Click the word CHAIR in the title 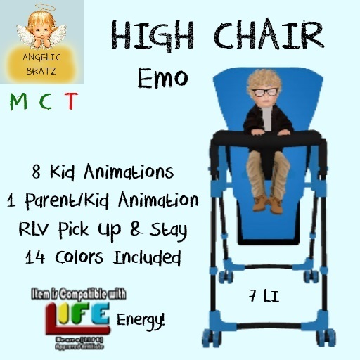[x=259, y=35]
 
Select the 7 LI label [x=264, y=295]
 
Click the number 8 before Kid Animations [x=37, y=172]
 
